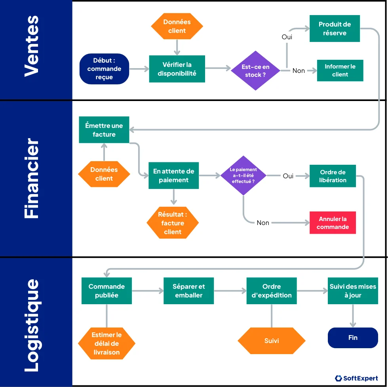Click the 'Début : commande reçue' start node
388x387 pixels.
click(104, 69)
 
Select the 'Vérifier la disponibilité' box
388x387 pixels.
click(177, 69)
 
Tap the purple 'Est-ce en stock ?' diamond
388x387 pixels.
click(255, 71)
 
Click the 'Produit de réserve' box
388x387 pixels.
click(335, 29)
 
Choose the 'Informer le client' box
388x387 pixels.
click(340, 71)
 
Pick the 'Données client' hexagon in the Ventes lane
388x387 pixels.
click(177, 26)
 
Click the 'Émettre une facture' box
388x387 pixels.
click(104, 130)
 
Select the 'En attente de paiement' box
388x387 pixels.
click(173, 175)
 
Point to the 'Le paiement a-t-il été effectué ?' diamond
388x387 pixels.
click(243, 175)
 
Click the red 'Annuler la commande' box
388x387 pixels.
click(333, 223)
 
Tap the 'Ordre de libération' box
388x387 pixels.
click(333, 176)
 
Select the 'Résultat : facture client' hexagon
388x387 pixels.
click(172, 223)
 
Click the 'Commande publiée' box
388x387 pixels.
click(107, 291)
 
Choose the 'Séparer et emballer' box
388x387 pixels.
click(188, 291)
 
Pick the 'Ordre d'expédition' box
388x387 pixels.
click(271, 291)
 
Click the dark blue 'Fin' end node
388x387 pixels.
click(353, 337)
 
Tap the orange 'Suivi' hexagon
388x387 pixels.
click(271, 341)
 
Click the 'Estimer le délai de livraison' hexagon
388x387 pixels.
click(107, 343)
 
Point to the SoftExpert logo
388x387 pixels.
click(356, 378)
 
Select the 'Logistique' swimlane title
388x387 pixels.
click(32, 325)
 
